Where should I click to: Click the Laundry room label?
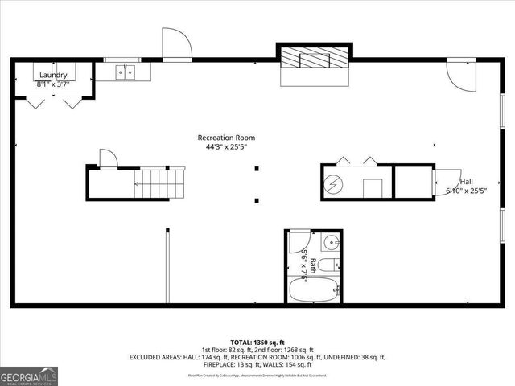click(53, 75)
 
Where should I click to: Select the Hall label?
click(466, 182)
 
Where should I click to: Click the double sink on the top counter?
click(125, 72)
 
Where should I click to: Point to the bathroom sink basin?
click(332, 241)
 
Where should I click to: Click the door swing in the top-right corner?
click(459, 75)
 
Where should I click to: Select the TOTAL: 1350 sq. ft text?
click(258, 341)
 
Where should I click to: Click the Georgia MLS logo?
click(29, 376)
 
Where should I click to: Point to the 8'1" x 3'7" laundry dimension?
click(53, 84)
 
